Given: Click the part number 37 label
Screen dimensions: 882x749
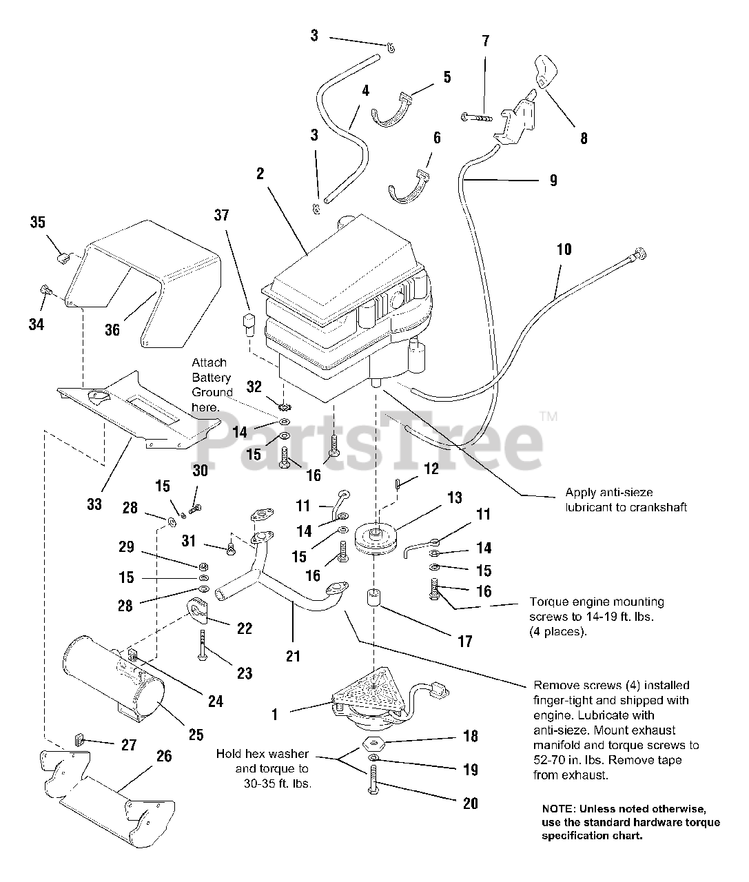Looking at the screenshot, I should coord(221,216).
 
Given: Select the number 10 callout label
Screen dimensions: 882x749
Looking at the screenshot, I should coord(564,249).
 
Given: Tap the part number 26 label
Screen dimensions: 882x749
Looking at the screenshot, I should coord(163,757).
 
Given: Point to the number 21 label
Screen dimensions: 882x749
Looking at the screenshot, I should coord(294,656).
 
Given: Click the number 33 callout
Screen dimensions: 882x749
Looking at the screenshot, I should coord(94,504).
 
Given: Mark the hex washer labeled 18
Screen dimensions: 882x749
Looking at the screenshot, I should coord(373,744).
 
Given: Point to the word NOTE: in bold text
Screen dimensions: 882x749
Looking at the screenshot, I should coord(559,809).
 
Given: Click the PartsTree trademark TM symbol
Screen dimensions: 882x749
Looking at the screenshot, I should coord(548,416).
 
